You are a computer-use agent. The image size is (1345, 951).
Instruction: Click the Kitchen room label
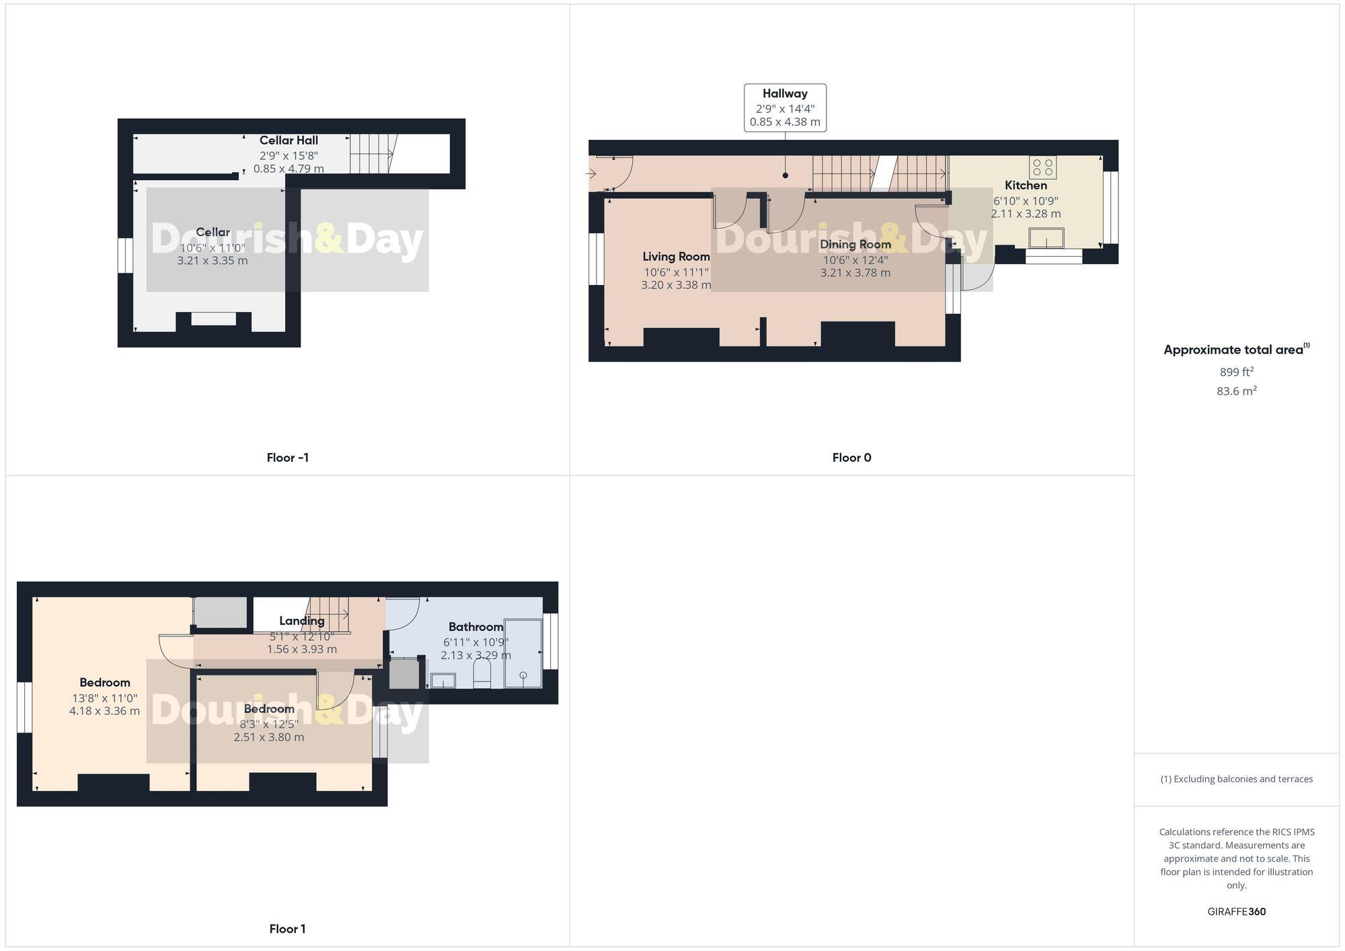1026,185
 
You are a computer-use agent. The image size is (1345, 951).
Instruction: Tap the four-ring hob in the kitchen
1043,167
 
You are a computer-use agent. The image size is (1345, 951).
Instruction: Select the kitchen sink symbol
1046,238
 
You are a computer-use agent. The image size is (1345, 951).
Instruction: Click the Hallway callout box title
785,94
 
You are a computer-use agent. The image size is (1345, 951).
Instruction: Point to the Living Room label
676,257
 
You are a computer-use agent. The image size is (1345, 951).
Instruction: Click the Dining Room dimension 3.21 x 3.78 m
855,273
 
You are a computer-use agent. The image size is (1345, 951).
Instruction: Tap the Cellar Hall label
289,140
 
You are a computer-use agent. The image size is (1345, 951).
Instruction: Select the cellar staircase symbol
371,153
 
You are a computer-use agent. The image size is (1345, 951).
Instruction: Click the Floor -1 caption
287,458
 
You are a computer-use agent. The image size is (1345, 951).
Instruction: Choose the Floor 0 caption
851,458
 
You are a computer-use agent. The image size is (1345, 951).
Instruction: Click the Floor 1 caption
287,929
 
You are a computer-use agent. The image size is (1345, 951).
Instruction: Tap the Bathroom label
475,627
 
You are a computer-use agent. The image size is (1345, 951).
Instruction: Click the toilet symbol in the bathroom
483,674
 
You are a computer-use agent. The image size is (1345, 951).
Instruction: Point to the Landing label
302,621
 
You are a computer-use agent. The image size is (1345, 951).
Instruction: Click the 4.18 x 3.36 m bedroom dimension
104,711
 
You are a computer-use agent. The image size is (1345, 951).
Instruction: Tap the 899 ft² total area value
1236,372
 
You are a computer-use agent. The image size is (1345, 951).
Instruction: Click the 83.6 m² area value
1236,391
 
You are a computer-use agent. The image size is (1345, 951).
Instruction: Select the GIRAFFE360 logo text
1236,912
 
